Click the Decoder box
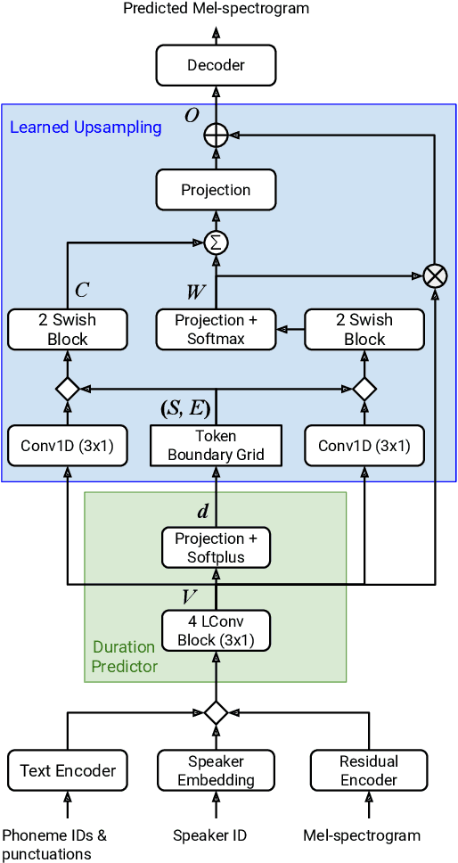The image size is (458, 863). click(216, 65)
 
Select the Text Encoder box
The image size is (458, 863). click(68, 770)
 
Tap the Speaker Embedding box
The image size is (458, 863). click(216, 770)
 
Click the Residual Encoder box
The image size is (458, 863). click(369, 770)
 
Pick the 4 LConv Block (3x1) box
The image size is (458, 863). click(216, 631)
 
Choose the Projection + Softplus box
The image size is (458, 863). click(216, 547)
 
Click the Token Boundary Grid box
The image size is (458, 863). click(216, 445)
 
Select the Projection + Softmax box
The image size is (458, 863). click(216, 329)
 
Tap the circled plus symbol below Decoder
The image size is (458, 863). click(216, 135)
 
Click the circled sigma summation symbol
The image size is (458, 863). click(216, 242)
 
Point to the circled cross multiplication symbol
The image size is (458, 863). click(435, 276)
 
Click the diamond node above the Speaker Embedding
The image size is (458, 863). click(216, 712)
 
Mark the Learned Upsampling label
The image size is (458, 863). click(86, 127)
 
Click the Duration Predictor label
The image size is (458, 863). click(125, 656)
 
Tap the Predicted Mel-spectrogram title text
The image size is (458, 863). click(216, 9)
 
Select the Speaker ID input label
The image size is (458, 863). click(210, 835)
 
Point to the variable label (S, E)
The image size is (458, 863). click(185, 409)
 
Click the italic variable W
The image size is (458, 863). click(196, 292)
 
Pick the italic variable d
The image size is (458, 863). click(203, 512)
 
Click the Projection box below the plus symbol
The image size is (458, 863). click(216, 190)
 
